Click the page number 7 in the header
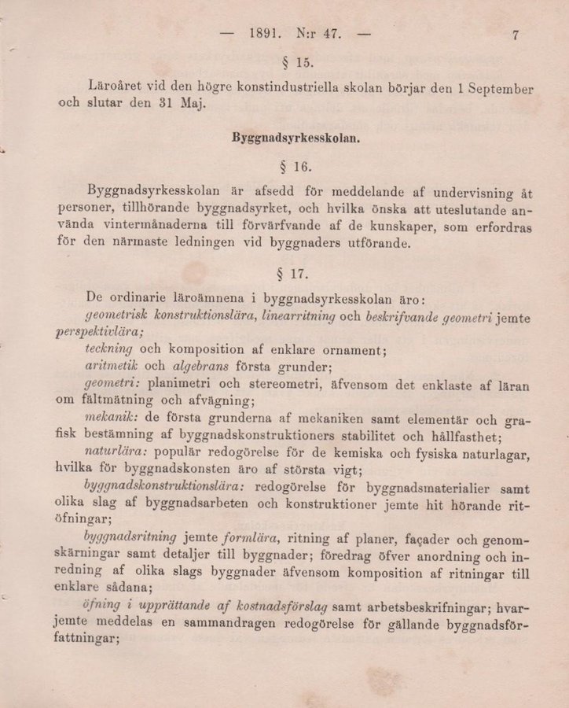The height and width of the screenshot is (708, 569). point(516,35)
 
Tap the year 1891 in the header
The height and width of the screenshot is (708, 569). point(265,34)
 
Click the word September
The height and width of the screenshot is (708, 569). point(498,89)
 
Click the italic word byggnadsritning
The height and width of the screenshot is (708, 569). point(130,538)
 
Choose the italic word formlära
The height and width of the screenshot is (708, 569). point(251,538)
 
